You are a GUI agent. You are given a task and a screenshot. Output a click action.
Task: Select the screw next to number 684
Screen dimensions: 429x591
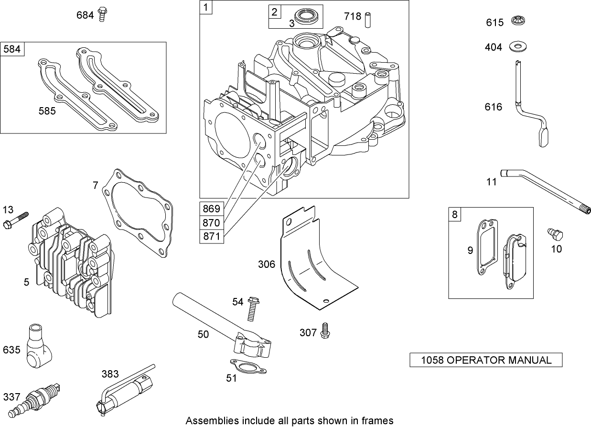tap(101, 14)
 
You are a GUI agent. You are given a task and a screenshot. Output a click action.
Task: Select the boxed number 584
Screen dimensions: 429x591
tap(12, 49)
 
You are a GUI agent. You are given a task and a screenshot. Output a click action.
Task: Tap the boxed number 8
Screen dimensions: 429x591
tap(454, 214)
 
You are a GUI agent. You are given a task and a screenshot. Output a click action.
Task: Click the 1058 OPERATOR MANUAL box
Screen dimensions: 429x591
tap(486, 360)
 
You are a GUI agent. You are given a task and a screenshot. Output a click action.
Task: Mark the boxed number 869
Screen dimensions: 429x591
tap(211, 209)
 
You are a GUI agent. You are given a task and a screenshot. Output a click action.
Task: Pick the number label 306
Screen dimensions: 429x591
tap(267, 264)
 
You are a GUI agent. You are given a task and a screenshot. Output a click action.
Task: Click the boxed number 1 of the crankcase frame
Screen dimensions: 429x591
tap(205, 8)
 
